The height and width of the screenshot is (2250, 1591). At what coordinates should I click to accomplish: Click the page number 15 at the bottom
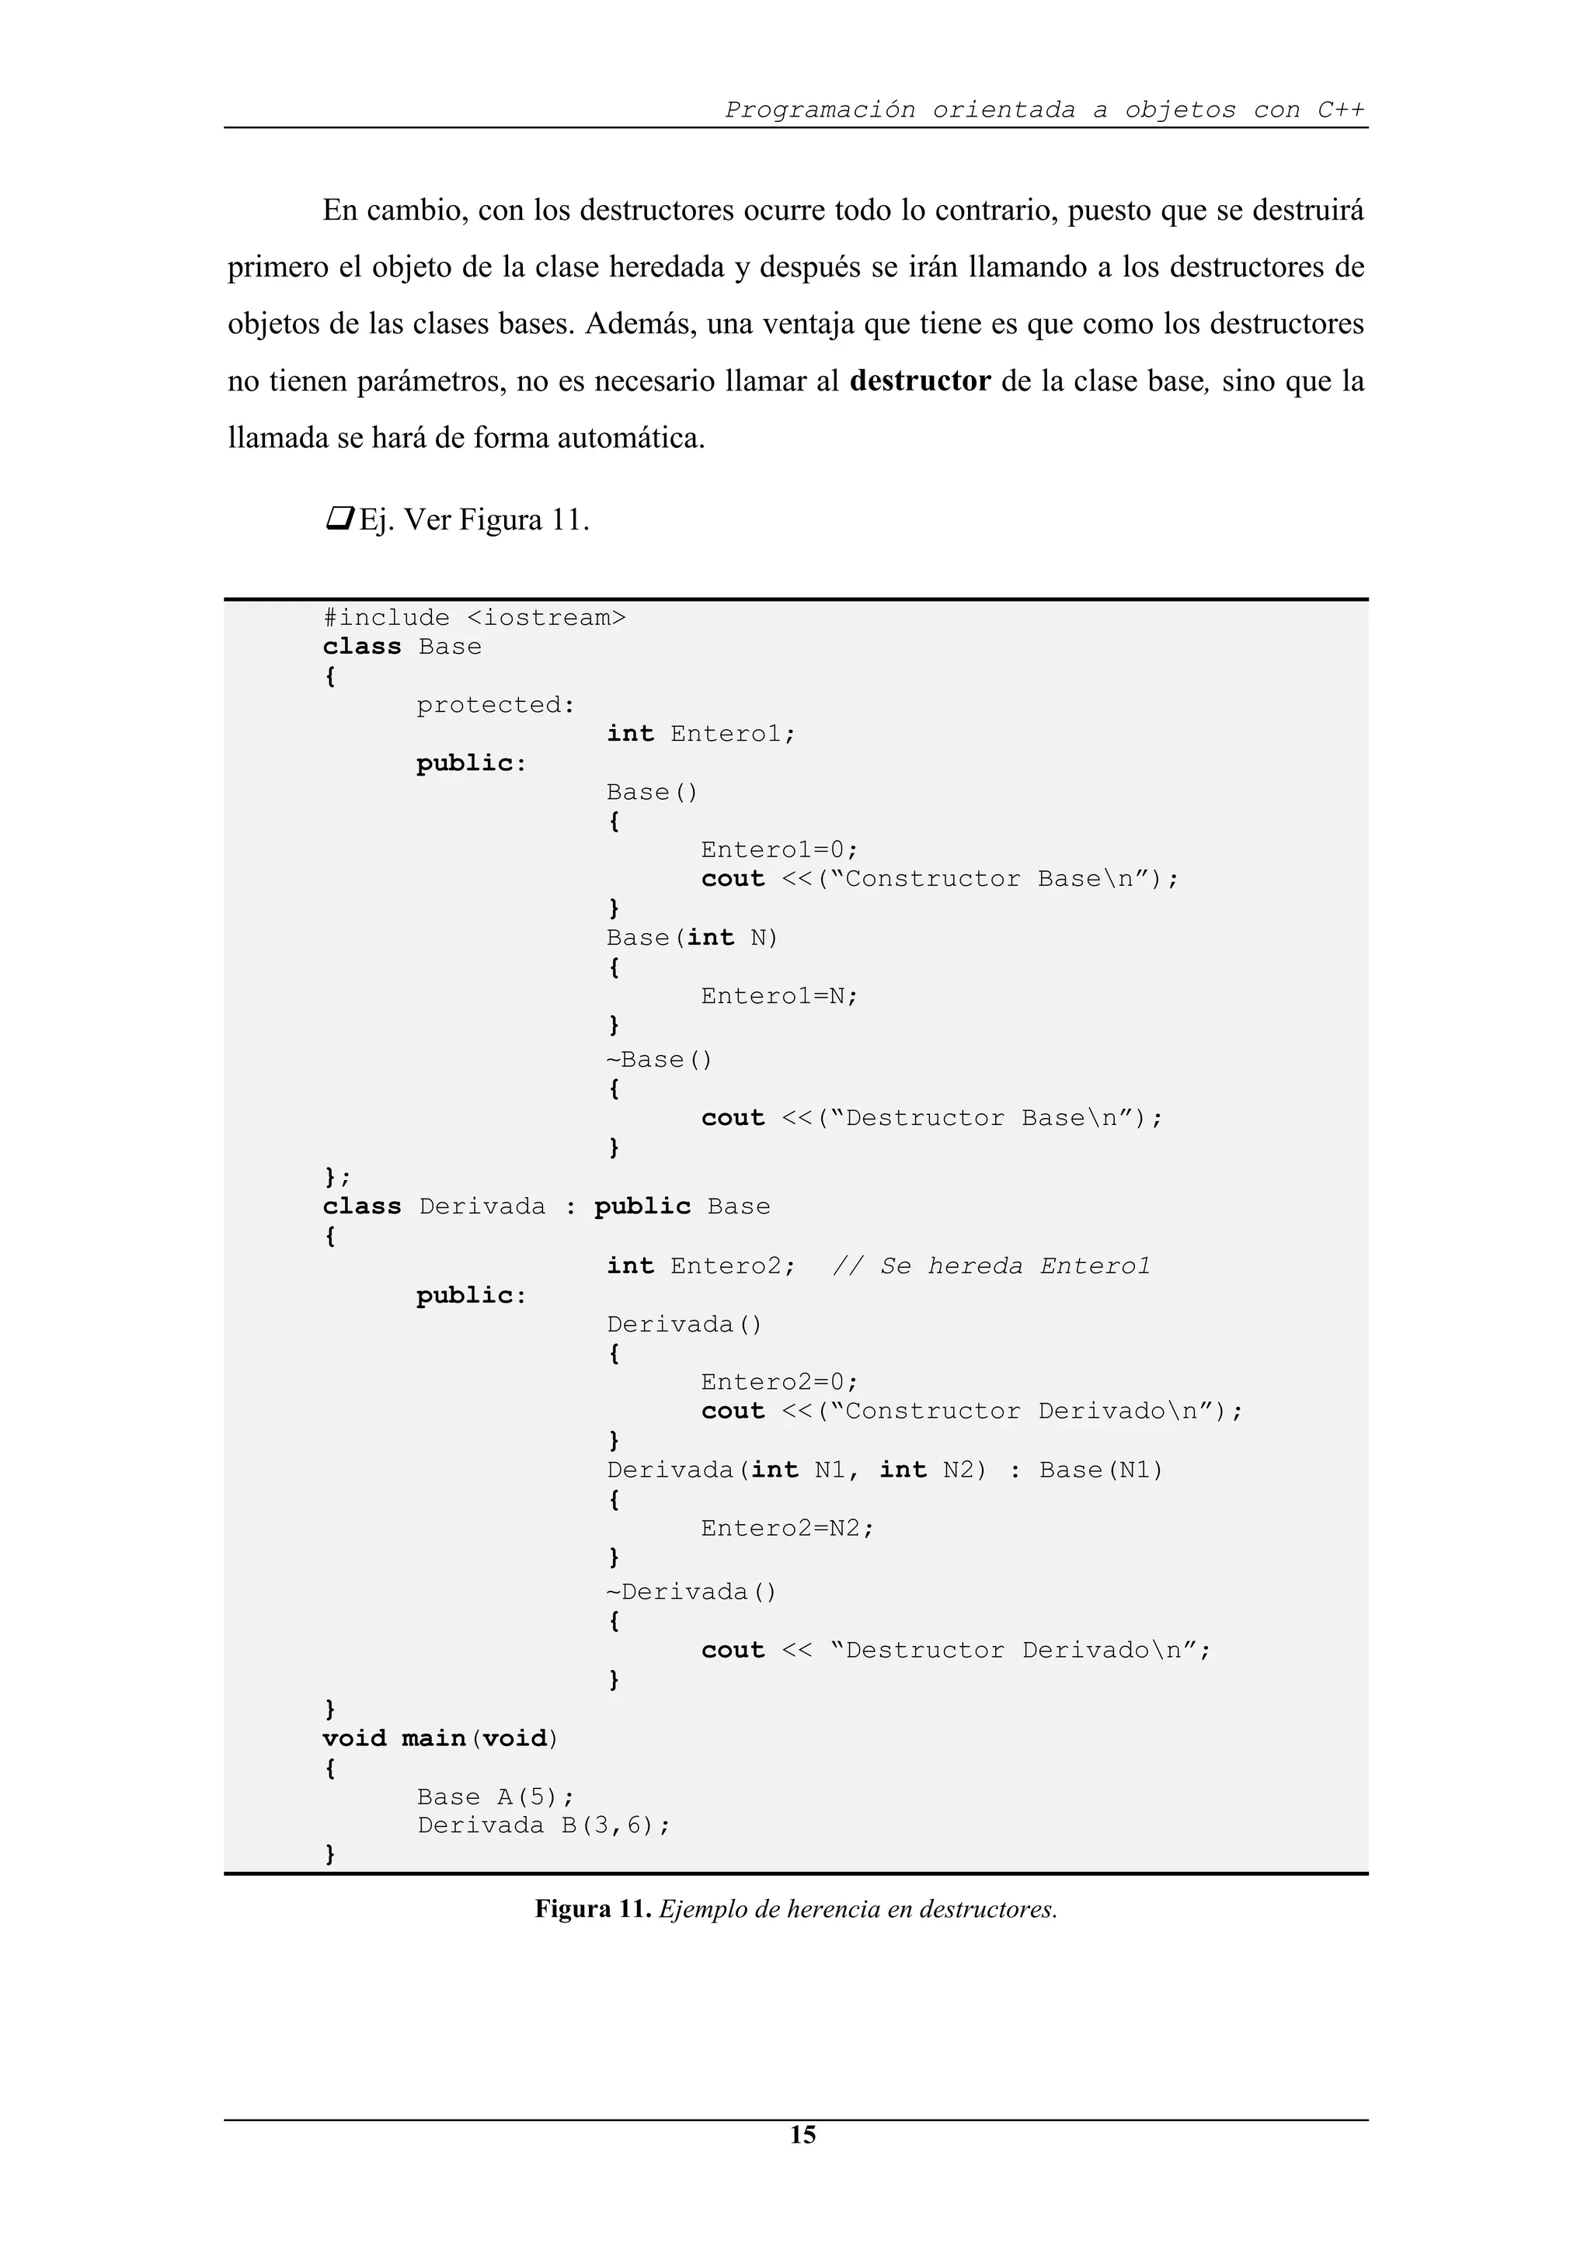(x=802, y=2134)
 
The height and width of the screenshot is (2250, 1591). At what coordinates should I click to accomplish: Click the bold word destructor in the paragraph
(x=920, y=381)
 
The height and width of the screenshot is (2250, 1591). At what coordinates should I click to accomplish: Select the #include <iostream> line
(x=475, y=618)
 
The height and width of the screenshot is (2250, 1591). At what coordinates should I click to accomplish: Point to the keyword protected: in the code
(x=495, y=706)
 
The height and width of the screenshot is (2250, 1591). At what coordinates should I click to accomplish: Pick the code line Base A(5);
(x=495, y=1797)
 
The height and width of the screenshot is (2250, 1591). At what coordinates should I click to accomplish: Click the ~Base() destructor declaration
(x=659, y=1059)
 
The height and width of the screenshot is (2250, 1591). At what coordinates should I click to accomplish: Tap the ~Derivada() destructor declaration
(x=691, y=1592)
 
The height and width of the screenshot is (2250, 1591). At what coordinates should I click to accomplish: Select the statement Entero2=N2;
(x=786, y=1528)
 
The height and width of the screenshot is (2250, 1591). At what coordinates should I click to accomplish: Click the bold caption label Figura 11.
(x=592, y=1909)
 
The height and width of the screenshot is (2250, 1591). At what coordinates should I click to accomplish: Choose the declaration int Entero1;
(x=700, y=734)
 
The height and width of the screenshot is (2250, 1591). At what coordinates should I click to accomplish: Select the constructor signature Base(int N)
(x=691, y=938)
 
